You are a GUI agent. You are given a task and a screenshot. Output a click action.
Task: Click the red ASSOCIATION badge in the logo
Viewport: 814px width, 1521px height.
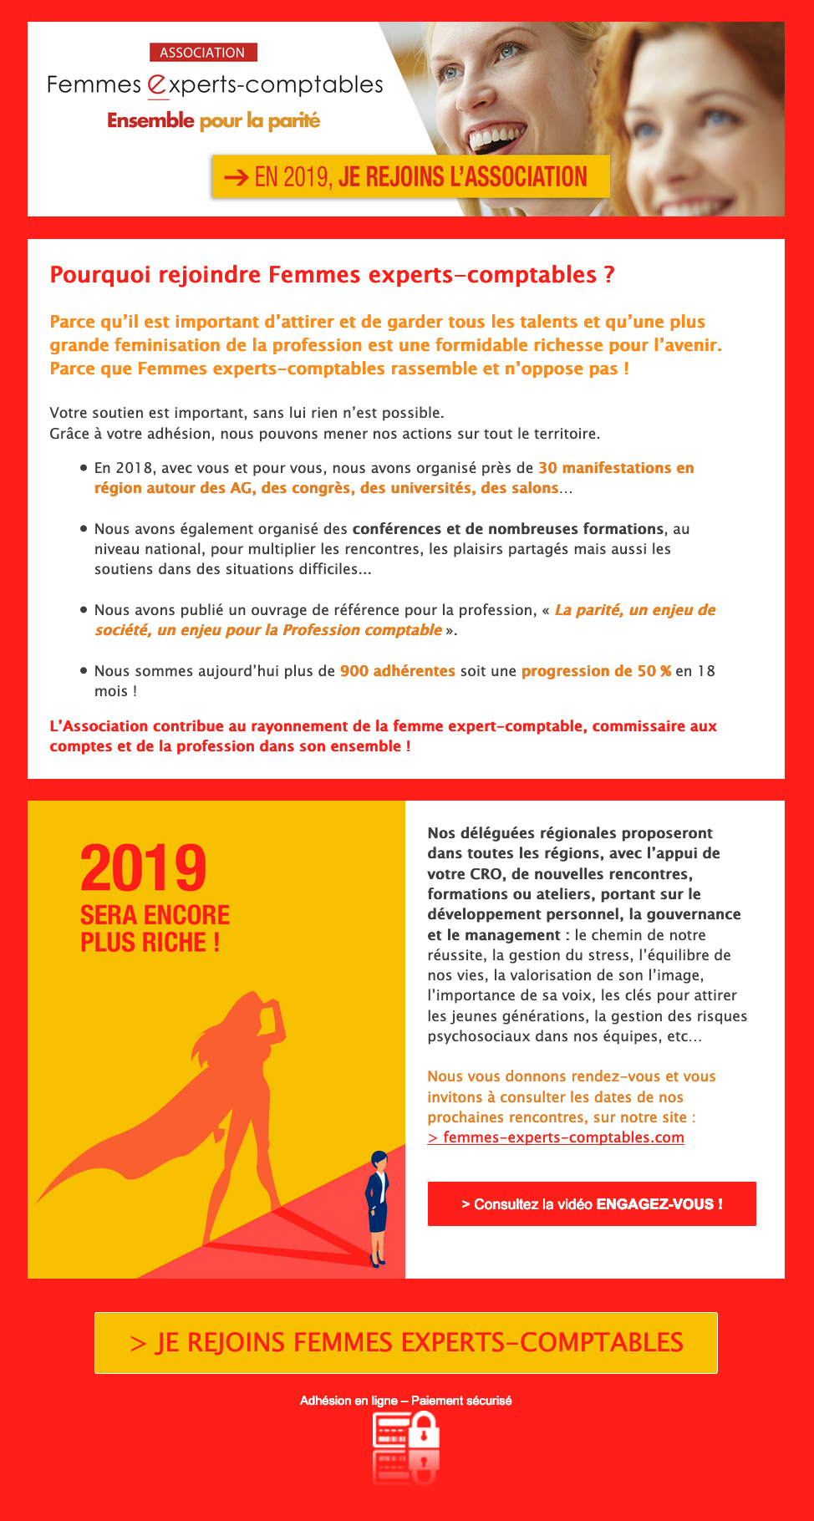[x=203, y=53]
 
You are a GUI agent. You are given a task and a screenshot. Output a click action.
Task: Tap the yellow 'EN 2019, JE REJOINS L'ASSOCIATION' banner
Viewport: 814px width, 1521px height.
[x=410, y=176]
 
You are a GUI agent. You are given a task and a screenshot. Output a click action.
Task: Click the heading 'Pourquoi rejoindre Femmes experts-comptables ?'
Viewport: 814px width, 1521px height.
[x=332, y=274]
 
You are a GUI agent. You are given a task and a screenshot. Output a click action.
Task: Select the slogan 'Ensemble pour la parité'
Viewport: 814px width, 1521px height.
[x=213, y=120]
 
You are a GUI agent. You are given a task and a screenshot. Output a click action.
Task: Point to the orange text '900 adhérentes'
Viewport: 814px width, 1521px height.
[x=397, y=671]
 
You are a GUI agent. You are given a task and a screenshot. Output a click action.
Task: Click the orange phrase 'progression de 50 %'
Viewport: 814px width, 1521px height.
[x=596, y=671]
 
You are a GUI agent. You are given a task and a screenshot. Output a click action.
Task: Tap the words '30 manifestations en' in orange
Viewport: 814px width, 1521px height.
[x=616, y=468]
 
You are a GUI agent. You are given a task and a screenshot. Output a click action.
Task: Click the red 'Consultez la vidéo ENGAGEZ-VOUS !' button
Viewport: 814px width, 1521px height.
[x=592, y=1203]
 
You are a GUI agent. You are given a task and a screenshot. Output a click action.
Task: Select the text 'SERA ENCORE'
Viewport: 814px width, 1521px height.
[x=155, y=915]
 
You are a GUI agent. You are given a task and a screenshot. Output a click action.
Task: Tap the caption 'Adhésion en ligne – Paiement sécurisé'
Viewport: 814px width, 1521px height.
[x=406, y=1400]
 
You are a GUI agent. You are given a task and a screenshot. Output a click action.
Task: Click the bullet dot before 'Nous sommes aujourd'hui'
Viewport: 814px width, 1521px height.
[x=84, y=670]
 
